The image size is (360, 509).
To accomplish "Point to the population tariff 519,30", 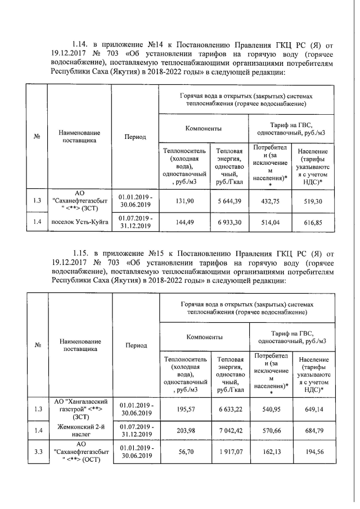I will [x=314, y=201].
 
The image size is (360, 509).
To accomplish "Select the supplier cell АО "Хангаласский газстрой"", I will [x=79, y=409].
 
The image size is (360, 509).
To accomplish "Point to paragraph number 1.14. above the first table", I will [x=81, y=43].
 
